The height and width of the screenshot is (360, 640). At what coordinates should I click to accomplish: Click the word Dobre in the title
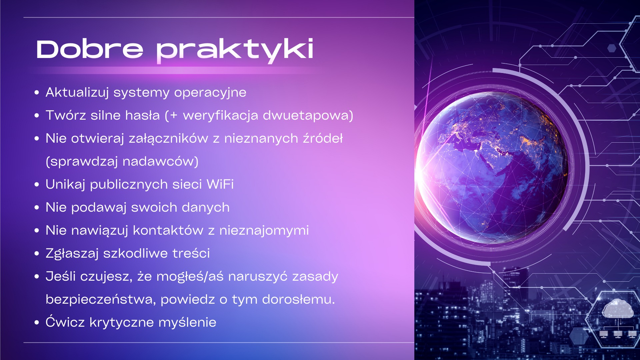point(90,49)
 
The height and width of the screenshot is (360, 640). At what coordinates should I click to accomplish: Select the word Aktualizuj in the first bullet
point(77,92)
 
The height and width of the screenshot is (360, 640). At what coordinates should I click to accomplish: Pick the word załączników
point(168,139)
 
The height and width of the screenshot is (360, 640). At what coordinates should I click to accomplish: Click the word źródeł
point(323,138)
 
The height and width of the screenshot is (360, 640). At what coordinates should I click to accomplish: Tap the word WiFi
point(220,184)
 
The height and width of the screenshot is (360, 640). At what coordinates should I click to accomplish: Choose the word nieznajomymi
point(264,230)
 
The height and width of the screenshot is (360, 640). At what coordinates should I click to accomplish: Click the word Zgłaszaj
point(72,253)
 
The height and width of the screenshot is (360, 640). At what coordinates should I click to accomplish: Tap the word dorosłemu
point(298,299)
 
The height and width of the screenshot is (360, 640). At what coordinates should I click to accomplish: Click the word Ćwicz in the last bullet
point(65,322)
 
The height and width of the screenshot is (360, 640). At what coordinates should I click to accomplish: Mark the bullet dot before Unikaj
point(37,184)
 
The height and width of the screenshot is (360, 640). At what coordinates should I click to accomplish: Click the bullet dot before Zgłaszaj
point(37,253)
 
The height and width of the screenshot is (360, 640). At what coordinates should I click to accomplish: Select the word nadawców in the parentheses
point(160,161)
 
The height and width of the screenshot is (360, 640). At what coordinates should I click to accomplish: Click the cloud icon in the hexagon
point(618,308)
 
